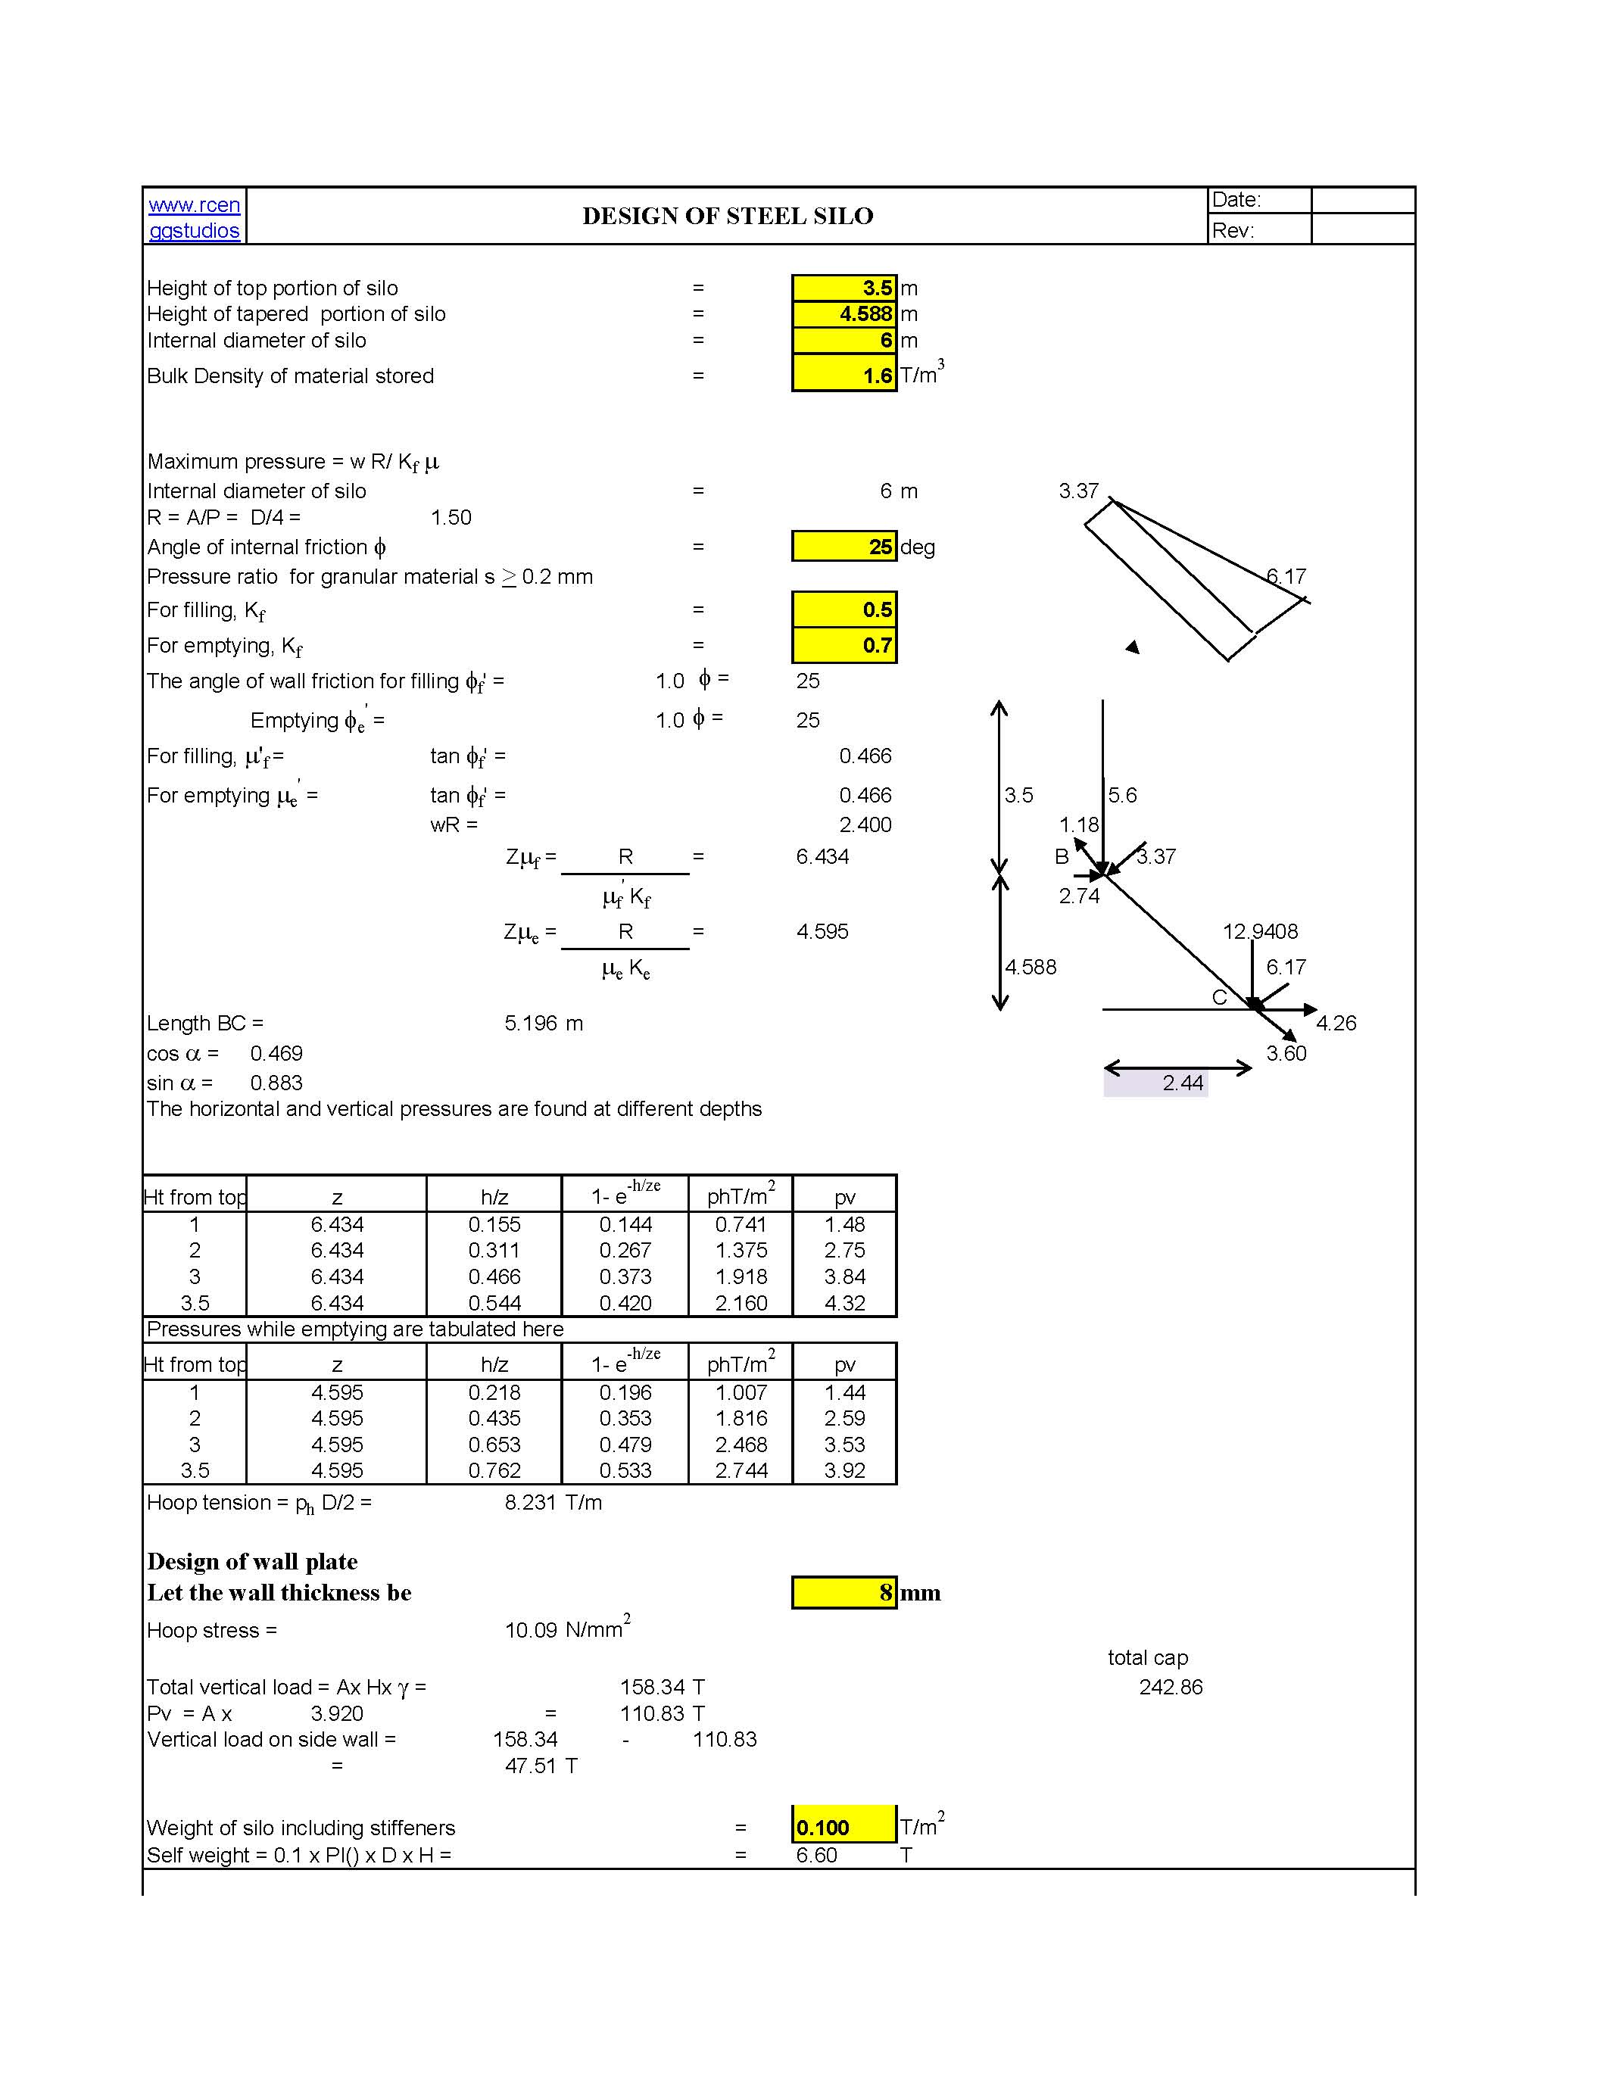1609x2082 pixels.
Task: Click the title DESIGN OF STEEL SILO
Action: [x=728, y=217]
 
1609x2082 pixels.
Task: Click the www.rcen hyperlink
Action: [x=195, y=205]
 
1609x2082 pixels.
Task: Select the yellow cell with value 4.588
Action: [x=843, y=313]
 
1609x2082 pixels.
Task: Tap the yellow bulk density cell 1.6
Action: [x=843, y=375]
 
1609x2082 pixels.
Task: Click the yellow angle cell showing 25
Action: [x=843, y=546]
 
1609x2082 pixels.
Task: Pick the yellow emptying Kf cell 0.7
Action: [x=843, y=645]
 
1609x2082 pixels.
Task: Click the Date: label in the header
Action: [x=1236, y=200]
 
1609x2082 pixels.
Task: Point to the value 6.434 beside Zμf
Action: [x=822, y=856]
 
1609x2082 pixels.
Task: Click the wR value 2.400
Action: [x=865, y=824]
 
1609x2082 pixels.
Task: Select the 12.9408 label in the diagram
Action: [x=1259, y=931]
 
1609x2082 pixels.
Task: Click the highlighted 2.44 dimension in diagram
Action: [x=1182, y=1083]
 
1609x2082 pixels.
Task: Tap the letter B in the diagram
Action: [x=1061, y=857]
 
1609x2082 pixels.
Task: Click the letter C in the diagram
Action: [x=1219, y=997]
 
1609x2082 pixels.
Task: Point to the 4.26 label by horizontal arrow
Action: [x=1336, y=1023]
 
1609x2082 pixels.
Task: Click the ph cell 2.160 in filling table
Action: [x=741, y=1302]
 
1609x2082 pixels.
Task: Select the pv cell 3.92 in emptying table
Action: [x=843, y=1470]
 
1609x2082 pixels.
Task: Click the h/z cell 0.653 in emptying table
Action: [x=494, y=1445]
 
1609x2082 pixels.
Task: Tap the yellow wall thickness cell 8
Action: [x=843, y=1592]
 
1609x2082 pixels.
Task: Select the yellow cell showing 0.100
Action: [x=843, y=1828]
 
